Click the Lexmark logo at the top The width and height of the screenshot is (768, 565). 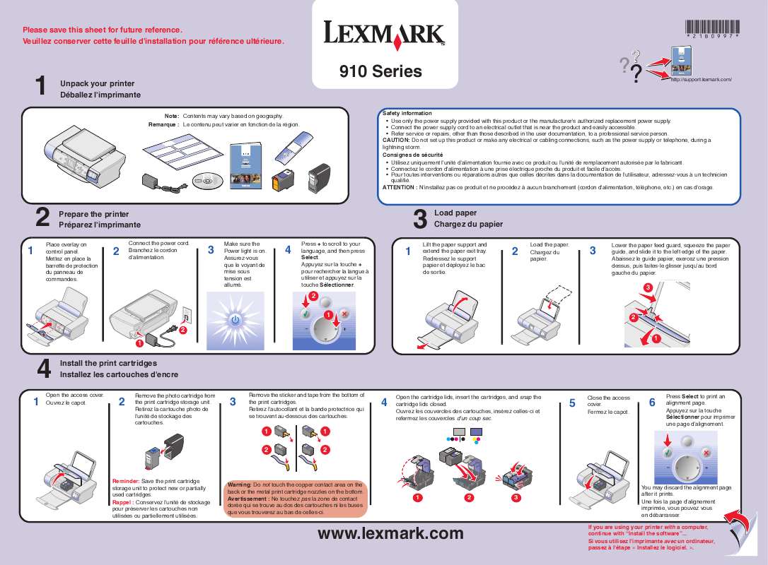point(385,33)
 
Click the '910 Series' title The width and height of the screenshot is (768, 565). point(380,71)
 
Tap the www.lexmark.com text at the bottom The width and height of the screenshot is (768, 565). point(390,533)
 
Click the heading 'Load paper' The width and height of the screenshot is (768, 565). point(455,213)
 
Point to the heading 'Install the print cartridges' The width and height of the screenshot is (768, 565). point(108,362)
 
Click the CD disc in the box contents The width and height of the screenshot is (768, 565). point(206,182)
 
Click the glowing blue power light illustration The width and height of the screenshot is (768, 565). point(235,320)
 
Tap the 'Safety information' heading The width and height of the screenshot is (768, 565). point(407,113)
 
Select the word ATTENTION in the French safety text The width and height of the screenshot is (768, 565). point(400,187)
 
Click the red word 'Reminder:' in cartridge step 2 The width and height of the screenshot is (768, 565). point(127,480)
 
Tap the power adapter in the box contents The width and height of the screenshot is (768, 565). point(151,181)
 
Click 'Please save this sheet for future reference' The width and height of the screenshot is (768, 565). point(103,30)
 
